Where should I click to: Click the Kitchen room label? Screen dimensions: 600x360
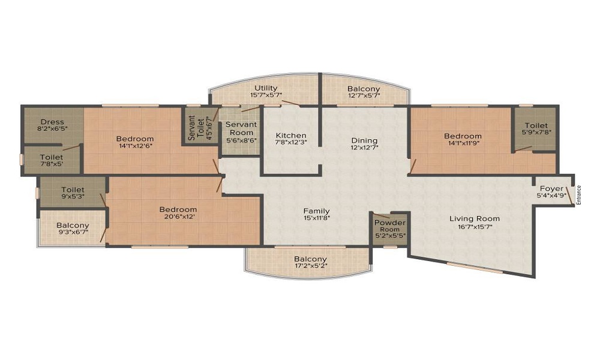pyautogui.click(x=291, y=136)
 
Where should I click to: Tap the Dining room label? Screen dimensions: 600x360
pyautogui.click(x=364, y=140)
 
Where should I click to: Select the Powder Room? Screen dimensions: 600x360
pyautogui.click(x=390, y=229)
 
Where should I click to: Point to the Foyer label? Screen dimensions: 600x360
pyautogui.click(x=551, y=188)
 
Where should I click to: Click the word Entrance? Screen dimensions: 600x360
pyautogui.click(x=578, y=195)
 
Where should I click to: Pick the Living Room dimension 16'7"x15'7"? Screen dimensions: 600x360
pyautogui.click(x=474, y=226)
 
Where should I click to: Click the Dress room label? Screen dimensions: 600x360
pyautogui.click(x=52, y=122)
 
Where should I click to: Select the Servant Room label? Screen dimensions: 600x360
pyautogui.click(x=241, y=128)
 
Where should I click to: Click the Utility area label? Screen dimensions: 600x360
pyautogui.click(x=266, y=88)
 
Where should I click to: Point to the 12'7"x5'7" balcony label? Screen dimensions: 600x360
pyautogui.click(x=364, y=95)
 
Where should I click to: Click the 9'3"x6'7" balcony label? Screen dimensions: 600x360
pyautogui.click(x=73, y=232)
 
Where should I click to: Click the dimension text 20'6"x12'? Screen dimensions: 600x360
pyautogui.click(x=178, y=217)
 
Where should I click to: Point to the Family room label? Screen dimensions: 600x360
pyautogui.click(x=316, y=211)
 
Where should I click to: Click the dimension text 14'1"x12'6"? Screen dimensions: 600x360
pyautogui.click(x=135, y=146)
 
